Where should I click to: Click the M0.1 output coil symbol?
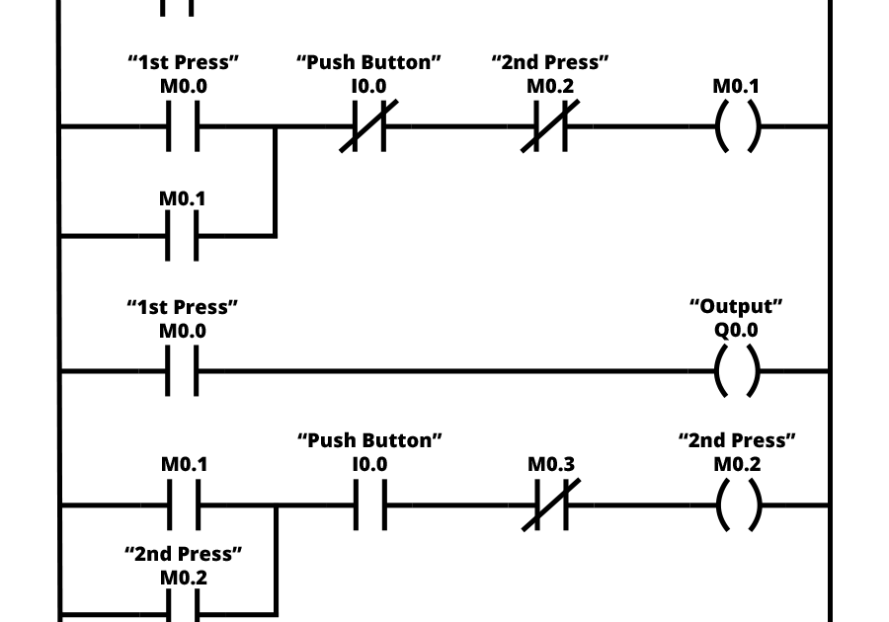(737, 126)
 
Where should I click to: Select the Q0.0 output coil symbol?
(737, 371)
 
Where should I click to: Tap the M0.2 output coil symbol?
(737, 505)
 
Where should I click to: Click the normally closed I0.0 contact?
(369, 126)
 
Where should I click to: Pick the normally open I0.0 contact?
(369, 505)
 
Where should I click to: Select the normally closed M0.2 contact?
(550, 126)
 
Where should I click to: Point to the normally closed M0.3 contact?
(550, 505)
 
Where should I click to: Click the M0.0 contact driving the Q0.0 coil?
(183, 371)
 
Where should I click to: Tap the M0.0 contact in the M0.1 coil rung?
(183, 126)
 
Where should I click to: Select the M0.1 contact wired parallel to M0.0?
(183, 237)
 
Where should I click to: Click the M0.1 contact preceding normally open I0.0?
(183, 505)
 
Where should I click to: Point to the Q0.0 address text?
(737, 331)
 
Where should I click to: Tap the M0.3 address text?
(550, 464)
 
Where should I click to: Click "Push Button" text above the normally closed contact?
(369, 62)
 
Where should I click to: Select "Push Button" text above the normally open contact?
(369, 439)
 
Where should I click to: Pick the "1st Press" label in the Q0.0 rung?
(183, 307)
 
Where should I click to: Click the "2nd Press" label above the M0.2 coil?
(737, 439)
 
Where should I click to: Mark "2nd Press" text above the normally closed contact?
(550, 62)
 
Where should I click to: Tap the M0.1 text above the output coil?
(737, 87)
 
